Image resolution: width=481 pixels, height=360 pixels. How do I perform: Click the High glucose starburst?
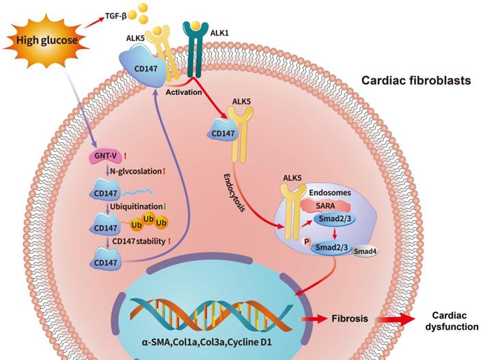point(43,40)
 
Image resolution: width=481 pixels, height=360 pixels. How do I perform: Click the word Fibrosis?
point(352,318)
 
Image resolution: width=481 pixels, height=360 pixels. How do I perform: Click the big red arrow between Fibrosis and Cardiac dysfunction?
point(396,319)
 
